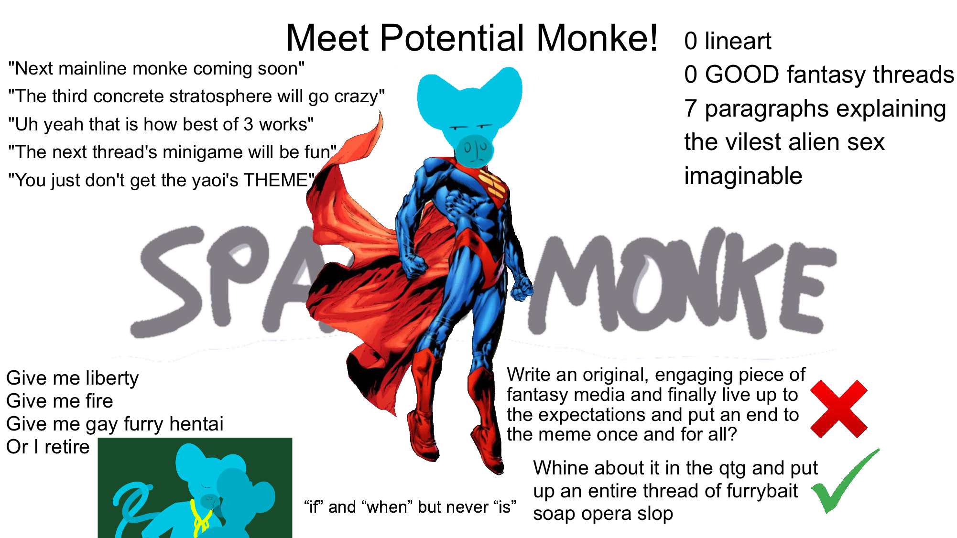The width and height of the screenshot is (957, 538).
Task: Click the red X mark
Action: [x=839, y=409]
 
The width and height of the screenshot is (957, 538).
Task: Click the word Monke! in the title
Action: [x=597, y=38]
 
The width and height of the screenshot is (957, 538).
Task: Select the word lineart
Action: [x=738, y=41]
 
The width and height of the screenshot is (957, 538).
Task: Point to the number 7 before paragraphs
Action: [x=690, y=109]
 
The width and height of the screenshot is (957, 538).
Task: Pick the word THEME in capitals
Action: [x=275, y=181]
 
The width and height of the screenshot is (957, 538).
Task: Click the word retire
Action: [x=67, y=447]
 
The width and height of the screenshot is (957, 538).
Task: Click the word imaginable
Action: [x=743, y=176]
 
